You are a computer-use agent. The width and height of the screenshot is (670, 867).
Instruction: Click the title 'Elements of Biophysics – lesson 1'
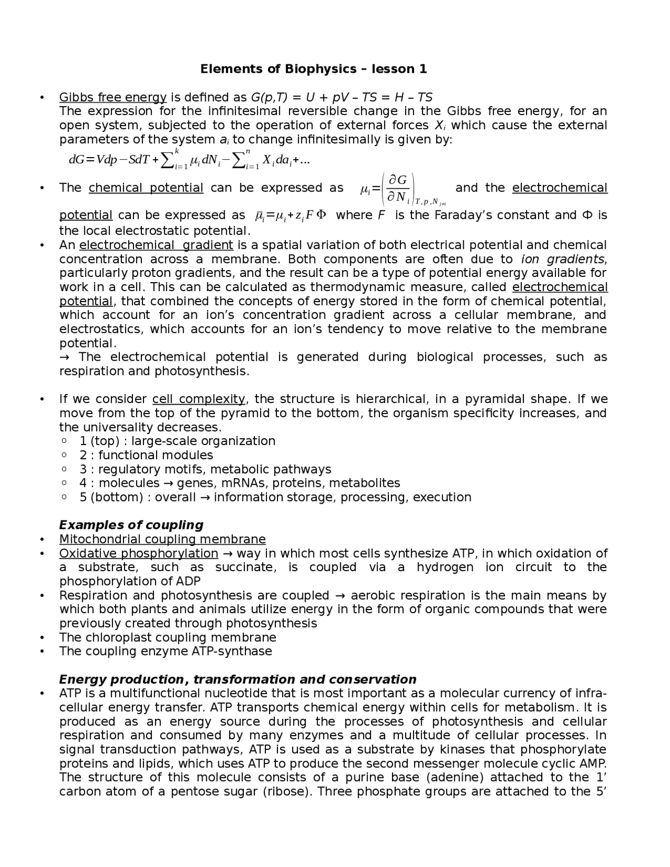(314, 69)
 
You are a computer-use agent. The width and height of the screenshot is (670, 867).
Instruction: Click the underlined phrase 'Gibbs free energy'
(113, 97)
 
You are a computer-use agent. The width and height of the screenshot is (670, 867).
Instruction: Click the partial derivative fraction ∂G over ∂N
(398, 188)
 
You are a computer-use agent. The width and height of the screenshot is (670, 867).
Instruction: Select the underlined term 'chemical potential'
(146, 188)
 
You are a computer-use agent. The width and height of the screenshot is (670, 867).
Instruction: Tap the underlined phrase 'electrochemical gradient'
(156, 245)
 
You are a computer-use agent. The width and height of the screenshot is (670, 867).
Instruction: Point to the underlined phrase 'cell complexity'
(198, 399)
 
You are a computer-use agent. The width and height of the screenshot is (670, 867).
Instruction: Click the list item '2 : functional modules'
(146, 455)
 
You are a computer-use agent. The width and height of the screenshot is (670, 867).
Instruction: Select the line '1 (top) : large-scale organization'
(177, 441)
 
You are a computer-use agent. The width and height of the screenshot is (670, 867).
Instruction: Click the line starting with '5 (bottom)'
(275, 497)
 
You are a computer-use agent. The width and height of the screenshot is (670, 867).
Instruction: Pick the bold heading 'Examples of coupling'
(131, 525)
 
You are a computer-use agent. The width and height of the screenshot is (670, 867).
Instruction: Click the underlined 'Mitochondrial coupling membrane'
(162, 539)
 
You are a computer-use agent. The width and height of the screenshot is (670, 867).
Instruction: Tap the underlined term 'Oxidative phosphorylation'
(139, 553)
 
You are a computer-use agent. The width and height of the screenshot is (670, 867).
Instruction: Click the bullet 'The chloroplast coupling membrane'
(167, 637)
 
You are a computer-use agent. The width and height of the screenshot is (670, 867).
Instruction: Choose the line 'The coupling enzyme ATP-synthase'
(165, 651)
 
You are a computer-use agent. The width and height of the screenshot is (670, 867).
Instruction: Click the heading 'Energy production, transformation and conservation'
(238, 679)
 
